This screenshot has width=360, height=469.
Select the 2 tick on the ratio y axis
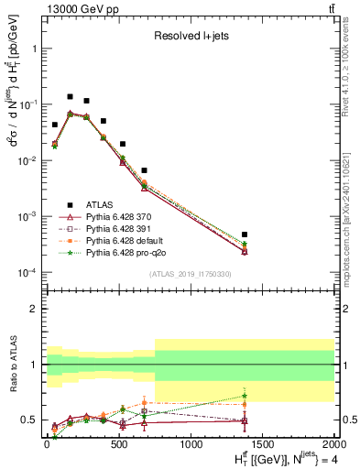point(33,309)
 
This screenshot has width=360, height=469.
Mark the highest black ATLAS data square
point(70,96)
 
